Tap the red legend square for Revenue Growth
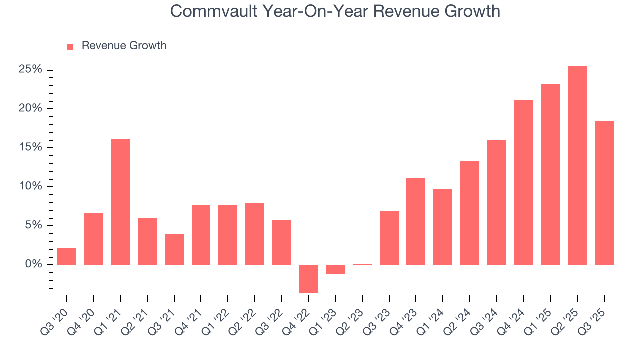[70, 46]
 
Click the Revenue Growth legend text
[124, 46]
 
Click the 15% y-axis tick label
[30, 147]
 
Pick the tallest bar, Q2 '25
[577, 165]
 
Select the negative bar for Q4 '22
[308, 278]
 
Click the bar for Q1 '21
[120, 202]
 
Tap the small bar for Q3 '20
[67, 256]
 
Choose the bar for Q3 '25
[604, 193]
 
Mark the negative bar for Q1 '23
[335, 269]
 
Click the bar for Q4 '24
[523, 182]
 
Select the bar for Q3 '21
[174, 249]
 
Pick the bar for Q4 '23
[416, 221]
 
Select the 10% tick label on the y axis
[30, 186]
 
